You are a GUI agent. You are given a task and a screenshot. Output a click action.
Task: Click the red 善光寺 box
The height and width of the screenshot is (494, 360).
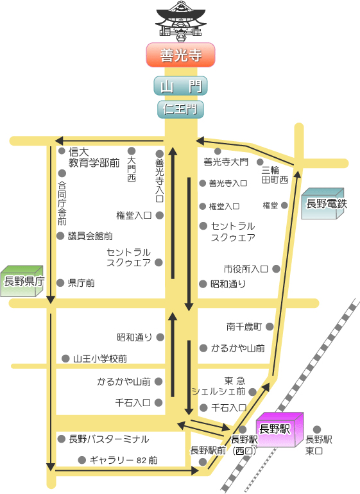point(180,55)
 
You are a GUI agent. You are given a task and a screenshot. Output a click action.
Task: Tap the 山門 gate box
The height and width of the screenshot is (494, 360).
point(180,86)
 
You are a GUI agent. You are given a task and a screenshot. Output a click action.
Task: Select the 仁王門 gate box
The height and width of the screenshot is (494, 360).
point(180,109)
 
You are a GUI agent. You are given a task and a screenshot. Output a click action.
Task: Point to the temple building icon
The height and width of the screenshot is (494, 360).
point(180,21)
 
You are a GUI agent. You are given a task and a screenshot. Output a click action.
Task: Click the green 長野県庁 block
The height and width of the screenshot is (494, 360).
point(22,281)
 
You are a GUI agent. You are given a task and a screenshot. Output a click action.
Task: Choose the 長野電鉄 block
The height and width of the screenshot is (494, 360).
point(323,203)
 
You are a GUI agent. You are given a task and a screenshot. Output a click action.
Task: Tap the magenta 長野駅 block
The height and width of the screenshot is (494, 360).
point(280,429)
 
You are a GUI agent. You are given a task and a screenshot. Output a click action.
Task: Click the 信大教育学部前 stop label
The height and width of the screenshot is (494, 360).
point(94,157)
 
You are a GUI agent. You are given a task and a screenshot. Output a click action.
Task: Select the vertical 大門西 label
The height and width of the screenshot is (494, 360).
point(132,169)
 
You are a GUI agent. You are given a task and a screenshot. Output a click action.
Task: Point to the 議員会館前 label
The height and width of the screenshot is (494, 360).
point(90,236)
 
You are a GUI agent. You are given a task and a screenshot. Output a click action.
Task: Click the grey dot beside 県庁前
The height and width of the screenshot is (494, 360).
point(60,282)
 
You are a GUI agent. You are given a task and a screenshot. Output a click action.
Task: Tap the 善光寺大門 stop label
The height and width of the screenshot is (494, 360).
point(226,162)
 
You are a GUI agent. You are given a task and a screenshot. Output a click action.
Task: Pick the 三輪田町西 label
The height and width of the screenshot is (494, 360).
point(275,175)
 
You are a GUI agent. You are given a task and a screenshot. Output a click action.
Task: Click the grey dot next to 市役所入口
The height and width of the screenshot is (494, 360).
point(276,269)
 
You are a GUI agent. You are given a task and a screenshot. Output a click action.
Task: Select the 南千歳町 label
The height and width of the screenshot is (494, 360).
point(244,327)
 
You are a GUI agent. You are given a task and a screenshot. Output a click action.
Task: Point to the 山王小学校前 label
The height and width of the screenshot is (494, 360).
point(100,359)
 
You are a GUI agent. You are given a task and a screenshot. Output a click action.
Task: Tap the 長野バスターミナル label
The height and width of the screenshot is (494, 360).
point(108,439)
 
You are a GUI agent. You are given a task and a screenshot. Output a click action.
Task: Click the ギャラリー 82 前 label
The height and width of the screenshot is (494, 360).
point(124,460)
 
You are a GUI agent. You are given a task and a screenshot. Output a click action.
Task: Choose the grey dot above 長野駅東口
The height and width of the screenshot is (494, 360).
point(317,429)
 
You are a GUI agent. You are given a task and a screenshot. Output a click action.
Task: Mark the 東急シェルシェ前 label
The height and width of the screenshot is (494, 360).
point(218,386)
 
